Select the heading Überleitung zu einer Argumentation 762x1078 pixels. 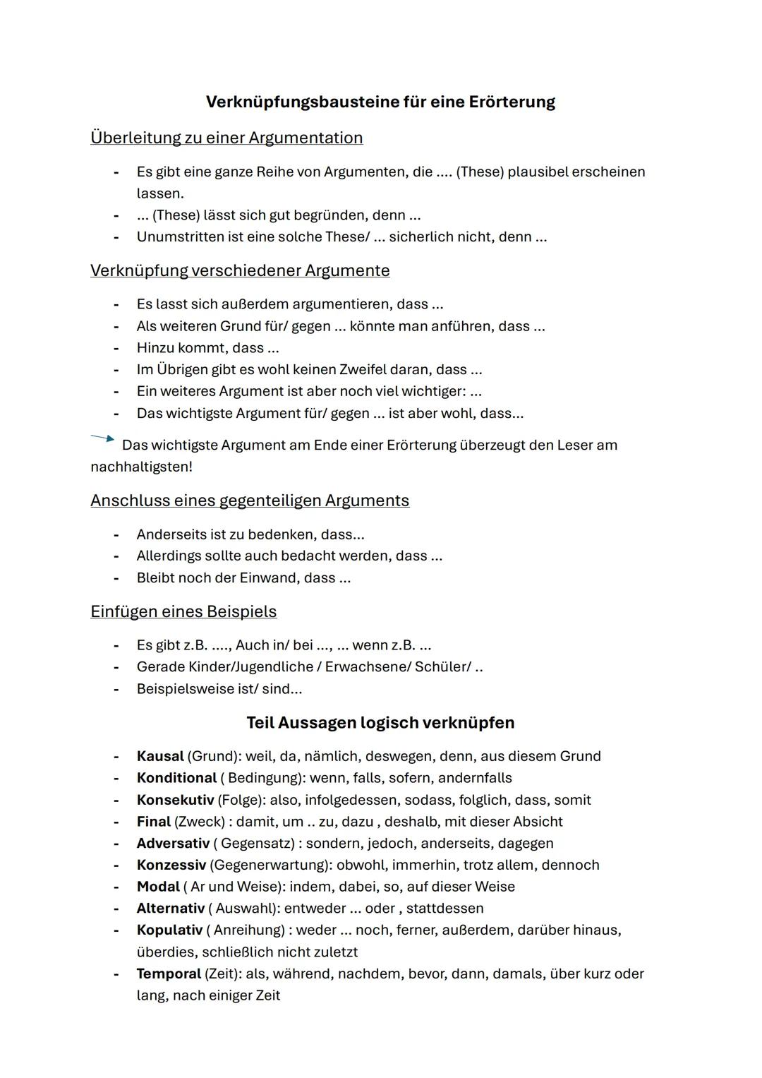coord(226,138)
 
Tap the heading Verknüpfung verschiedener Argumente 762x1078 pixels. coord(240,270)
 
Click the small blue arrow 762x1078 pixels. coord(102,438)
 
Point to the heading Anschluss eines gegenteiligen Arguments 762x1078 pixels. coord(250,501)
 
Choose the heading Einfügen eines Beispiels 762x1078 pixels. coord(183,611)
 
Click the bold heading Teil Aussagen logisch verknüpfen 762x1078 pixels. coord(380,723)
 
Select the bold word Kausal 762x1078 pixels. coord(160,756)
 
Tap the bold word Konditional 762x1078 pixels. coord(176,778)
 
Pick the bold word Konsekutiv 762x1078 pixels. coord(175,800)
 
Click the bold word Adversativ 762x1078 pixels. coord(173,844)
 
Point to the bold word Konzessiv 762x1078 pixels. coord(171,865)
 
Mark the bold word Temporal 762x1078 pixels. coord(169,974)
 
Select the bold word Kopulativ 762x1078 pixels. coord(169,930)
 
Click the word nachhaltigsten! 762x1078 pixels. coord(141,467)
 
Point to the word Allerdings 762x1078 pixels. coord(169,556)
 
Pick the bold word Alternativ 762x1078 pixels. coord(170,909)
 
